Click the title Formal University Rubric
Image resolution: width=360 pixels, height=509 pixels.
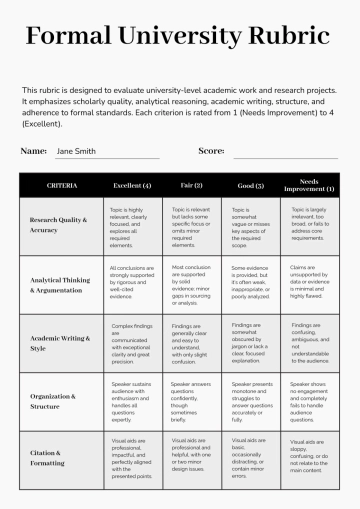coord(180,38)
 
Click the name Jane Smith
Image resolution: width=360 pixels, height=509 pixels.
coord(76,151)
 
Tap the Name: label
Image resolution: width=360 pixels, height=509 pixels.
coord(34,151)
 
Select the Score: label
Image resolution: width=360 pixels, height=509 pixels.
coord(211,151)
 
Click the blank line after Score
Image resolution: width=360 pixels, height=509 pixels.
coord(284,155)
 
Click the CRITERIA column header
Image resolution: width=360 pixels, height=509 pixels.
coord(61,185)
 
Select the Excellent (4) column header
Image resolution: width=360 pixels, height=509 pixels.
coord(132,185)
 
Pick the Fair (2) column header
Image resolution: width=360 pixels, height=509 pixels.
coord(191,185)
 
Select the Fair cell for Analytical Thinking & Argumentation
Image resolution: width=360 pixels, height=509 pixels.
coord(191,283)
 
